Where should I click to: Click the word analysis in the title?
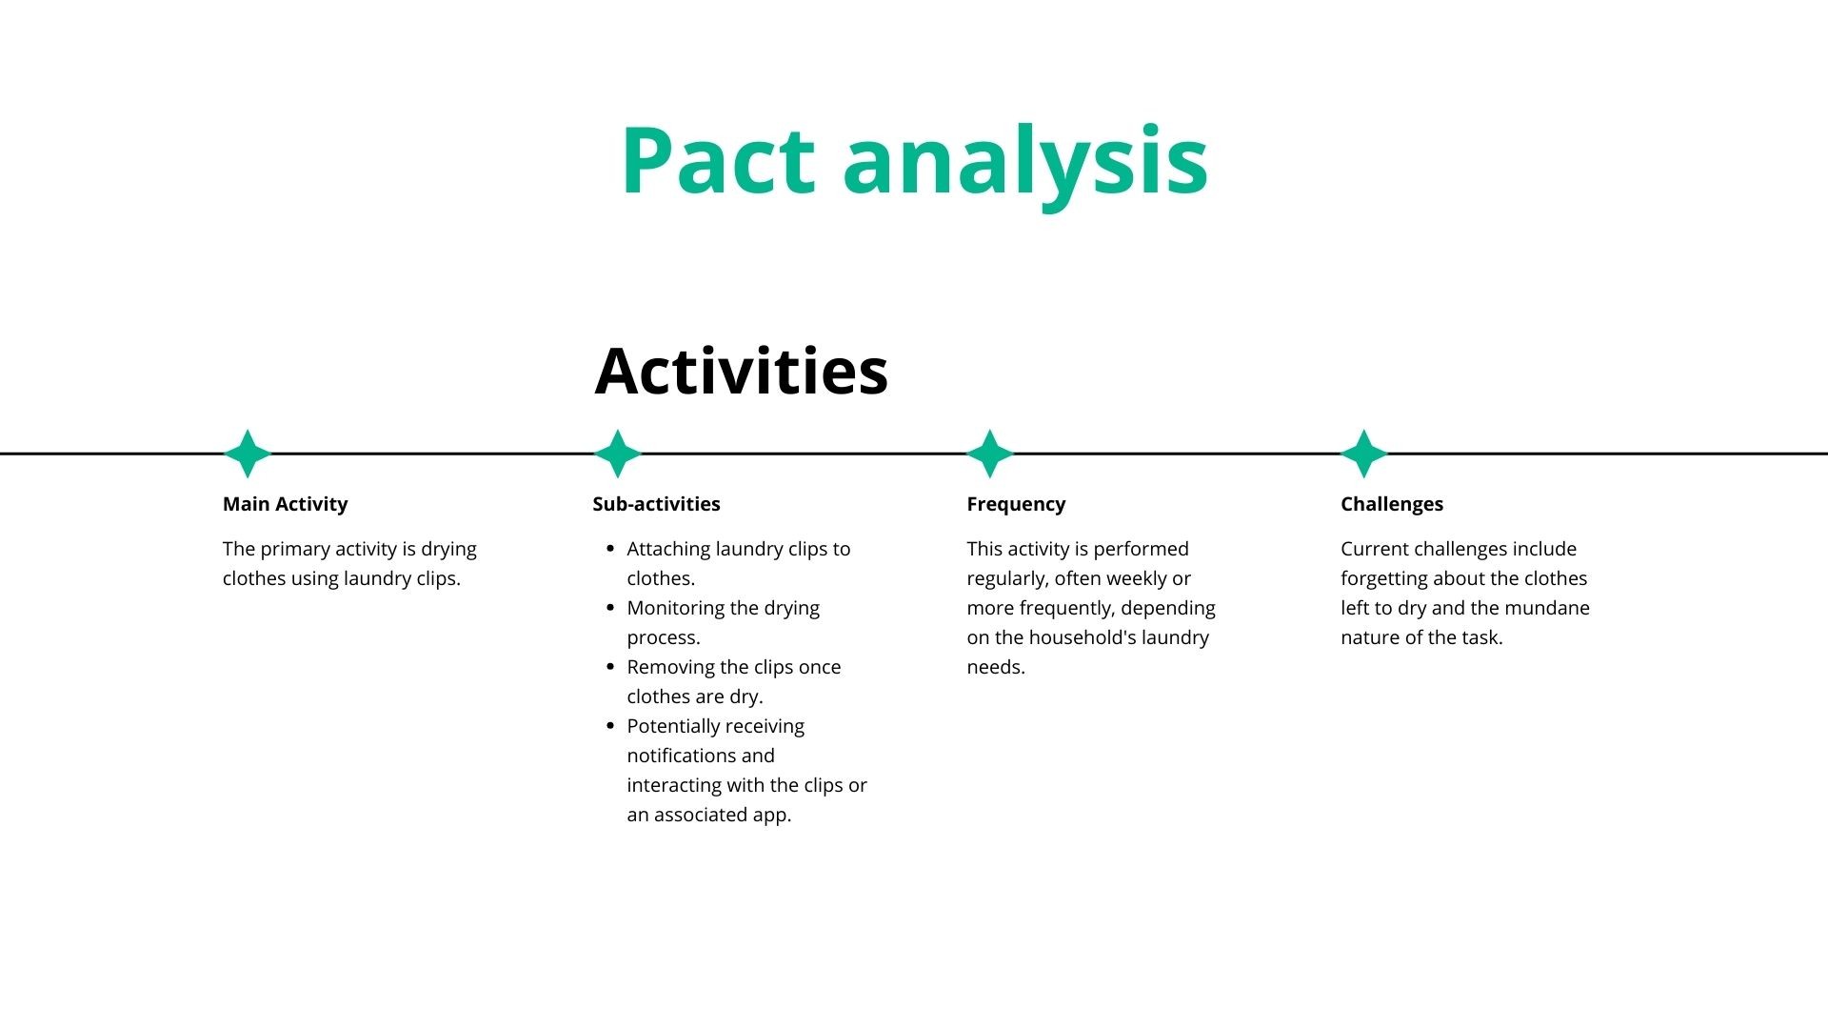tap(1025, 162)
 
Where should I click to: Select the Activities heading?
tap(741, 371)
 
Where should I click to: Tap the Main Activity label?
tap(285, 504)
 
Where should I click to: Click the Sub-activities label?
tap(656, 504)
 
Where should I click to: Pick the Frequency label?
tap(1016, 504)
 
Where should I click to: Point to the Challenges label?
tap(1391, 504)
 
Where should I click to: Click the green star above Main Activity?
tap(248, 454)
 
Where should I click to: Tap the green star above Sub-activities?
tap(618, 454)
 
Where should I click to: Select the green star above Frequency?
tap(990, 454)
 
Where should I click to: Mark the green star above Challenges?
tap(1363, 454)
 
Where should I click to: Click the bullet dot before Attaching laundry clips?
tap(610, 549)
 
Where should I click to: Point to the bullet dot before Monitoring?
tap(610, 608)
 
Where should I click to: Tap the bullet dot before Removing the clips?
tap(610, 667)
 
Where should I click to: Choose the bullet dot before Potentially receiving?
tap(610, 726)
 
